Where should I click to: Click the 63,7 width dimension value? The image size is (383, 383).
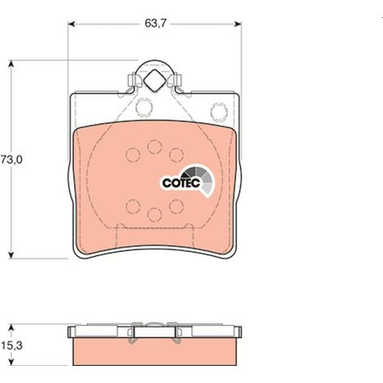pos(155,24)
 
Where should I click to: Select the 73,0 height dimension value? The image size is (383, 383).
pos(11,160)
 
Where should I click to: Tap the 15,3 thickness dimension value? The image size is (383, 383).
pos(11,346)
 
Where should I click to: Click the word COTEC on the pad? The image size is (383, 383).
pos(181,183)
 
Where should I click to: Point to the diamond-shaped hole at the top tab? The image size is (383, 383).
pos(154,81)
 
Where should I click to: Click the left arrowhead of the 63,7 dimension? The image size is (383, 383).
pos(71,24)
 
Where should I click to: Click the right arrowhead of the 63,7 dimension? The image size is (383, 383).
pos(238,24)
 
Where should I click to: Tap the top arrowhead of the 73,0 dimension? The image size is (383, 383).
pos(11,64)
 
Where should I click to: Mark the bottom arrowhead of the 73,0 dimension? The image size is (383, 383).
pos(11,255)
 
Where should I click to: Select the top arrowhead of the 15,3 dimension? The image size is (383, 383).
pos(11,327)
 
